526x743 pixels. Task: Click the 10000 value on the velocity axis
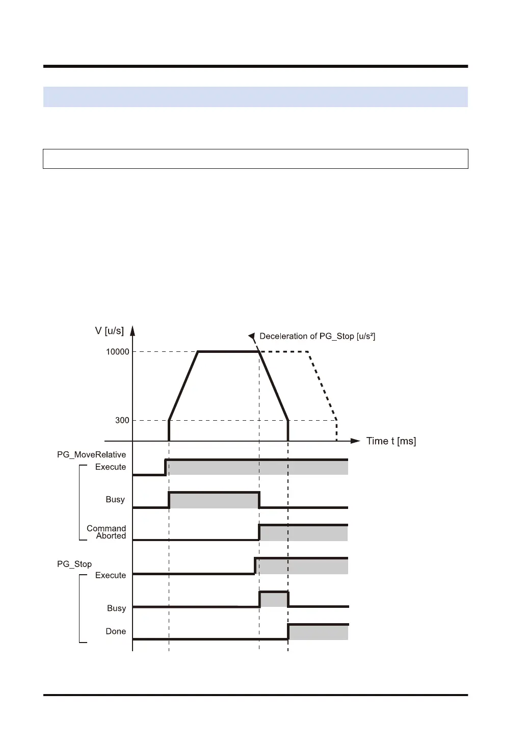coord(117,352)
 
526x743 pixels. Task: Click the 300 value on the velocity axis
coord(122,421)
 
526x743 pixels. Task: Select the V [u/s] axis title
coord(109,331)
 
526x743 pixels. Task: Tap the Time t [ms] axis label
coord(391,441)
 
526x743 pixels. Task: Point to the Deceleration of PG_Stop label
coord(317,337)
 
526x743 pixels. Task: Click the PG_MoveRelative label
coord(91,455)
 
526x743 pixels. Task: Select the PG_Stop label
coord(74,564)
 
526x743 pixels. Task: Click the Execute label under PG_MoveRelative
coord(110,467)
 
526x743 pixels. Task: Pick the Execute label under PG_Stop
coord(110,575)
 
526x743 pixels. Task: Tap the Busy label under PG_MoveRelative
coord(115,500)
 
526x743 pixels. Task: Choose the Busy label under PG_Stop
coord(116,608)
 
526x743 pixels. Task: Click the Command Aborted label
coord(107,532)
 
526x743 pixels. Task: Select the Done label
coord(116,631)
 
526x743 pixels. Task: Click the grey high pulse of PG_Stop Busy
coord(274,599)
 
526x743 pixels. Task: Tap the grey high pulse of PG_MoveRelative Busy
coord(214,500)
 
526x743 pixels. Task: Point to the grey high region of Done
coord(318,632)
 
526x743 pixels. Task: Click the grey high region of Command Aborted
coord(304,533)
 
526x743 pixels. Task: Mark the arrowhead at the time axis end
coord(355,441)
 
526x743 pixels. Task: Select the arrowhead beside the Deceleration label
coord(251,336)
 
